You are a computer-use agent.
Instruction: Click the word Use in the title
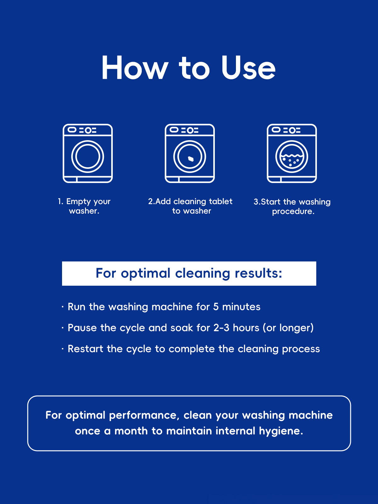(x=248, y=68)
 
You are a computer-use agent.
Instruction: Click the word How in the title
(x=135, y=68)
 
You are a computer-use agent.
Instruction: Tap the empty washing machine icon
(x=88, y=153)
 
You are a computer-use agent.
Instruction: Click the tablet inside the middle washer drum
(x=191, y=159)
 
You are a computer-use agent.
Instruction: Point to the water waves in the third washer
(x=292, y=156)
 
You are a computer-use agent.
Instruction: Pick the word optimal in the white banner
(x=146, y=274)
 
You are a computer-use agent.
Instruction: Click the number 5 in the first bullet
(x=216, y=307)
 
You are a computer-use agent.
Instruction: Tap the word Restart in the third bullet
(x=85, y=349)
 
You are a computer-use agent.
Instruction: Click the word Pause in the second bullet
(x=82, y=328)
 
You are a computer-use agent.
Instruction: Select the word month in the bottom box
(x=131, y=431)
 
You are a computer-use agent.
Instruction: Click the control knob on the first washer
(x=88, y=130)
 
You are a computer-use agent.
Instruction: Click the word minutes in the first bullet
(x=241, y=307)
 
